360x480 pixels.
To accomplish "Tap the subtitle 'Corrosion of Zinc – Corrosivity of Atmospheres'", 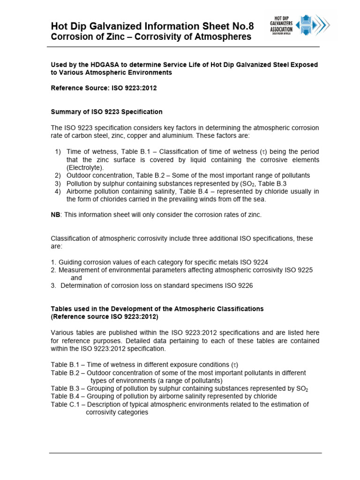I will pyautogui.click(x=151, y=37).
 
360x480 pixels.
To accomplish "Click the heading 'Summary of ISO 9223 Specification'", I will pyautogui.click(x=106, y=112).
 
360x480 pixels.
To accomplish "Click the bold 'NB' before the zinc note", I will pyautogui.click(x=55, y=215).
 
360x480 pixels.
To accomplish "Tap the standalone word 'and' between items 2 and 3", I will pyautogui.click(x=76, y=278).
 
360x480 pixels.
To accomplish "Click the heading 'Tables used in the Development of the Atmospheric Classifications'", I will pyautogui.click(x=157, y=309).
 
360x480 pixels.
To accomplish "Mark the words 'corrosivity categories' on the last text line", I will pyautogui.click(x=117, y=412).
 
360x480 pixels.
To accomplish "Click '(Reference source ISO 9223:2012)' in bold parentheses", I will pyautogui.click(x=105, y=317).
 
